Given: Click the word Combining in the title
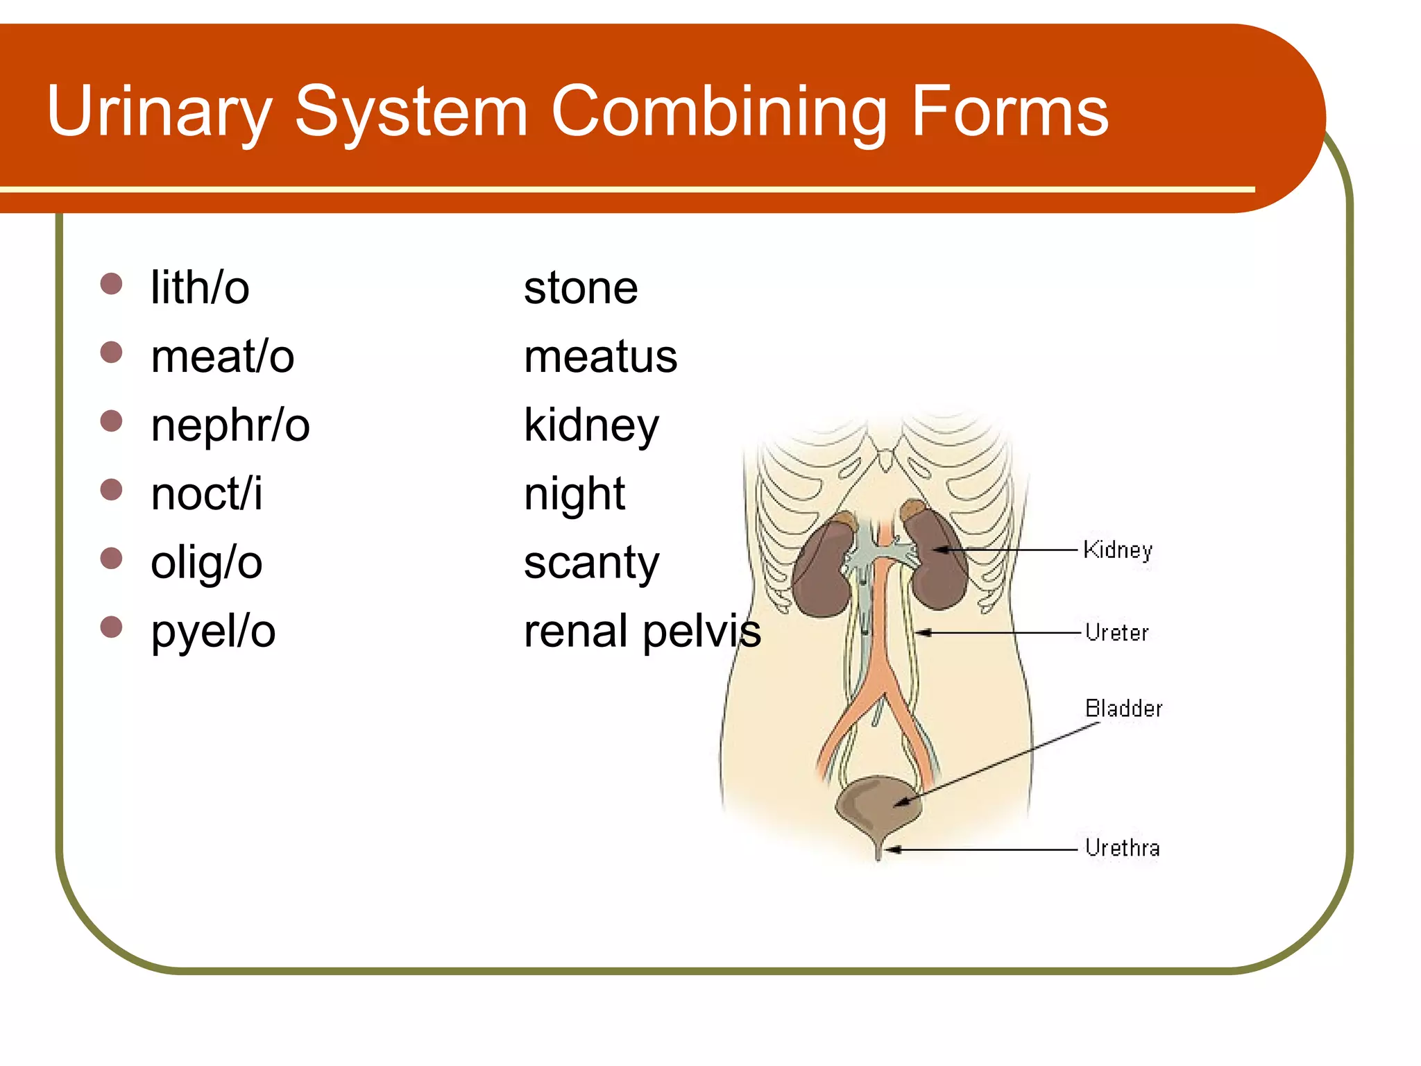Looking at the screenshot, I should [718, 111].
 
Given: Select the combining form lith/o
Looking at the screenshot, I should [200, 287].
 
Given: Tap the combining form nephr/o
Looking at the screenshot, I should [230, 425].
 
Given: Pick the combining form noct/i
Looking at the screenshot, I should [206, 493].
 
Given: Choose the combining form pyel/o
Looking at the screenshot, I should [213, 632].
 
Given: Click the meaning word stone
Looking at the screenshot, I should [580, 287].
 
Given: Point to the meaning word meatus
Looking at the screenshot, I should [600, 356].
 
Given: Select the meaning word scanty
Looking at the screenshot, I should [591, 563].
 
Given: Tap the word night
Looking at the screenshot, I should [574, 495].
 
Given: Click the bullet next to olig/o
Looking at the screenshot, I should [111, 558].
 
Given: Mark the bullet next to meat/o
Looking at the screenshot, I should [111, 352].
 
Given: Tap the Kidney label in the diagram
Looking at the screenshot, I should [1117, 550].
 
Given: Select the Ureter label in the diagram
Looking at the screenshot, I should [1116, 632].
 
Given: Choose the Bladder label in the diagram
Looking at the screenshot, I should [1123, 709].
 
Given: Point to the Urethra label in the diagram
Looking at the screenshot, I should [1122, 847].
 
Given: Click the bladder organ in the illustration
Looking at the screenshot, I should [876, 805].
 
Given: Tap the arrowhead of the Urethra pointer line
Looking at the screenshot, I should [892, 849].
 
